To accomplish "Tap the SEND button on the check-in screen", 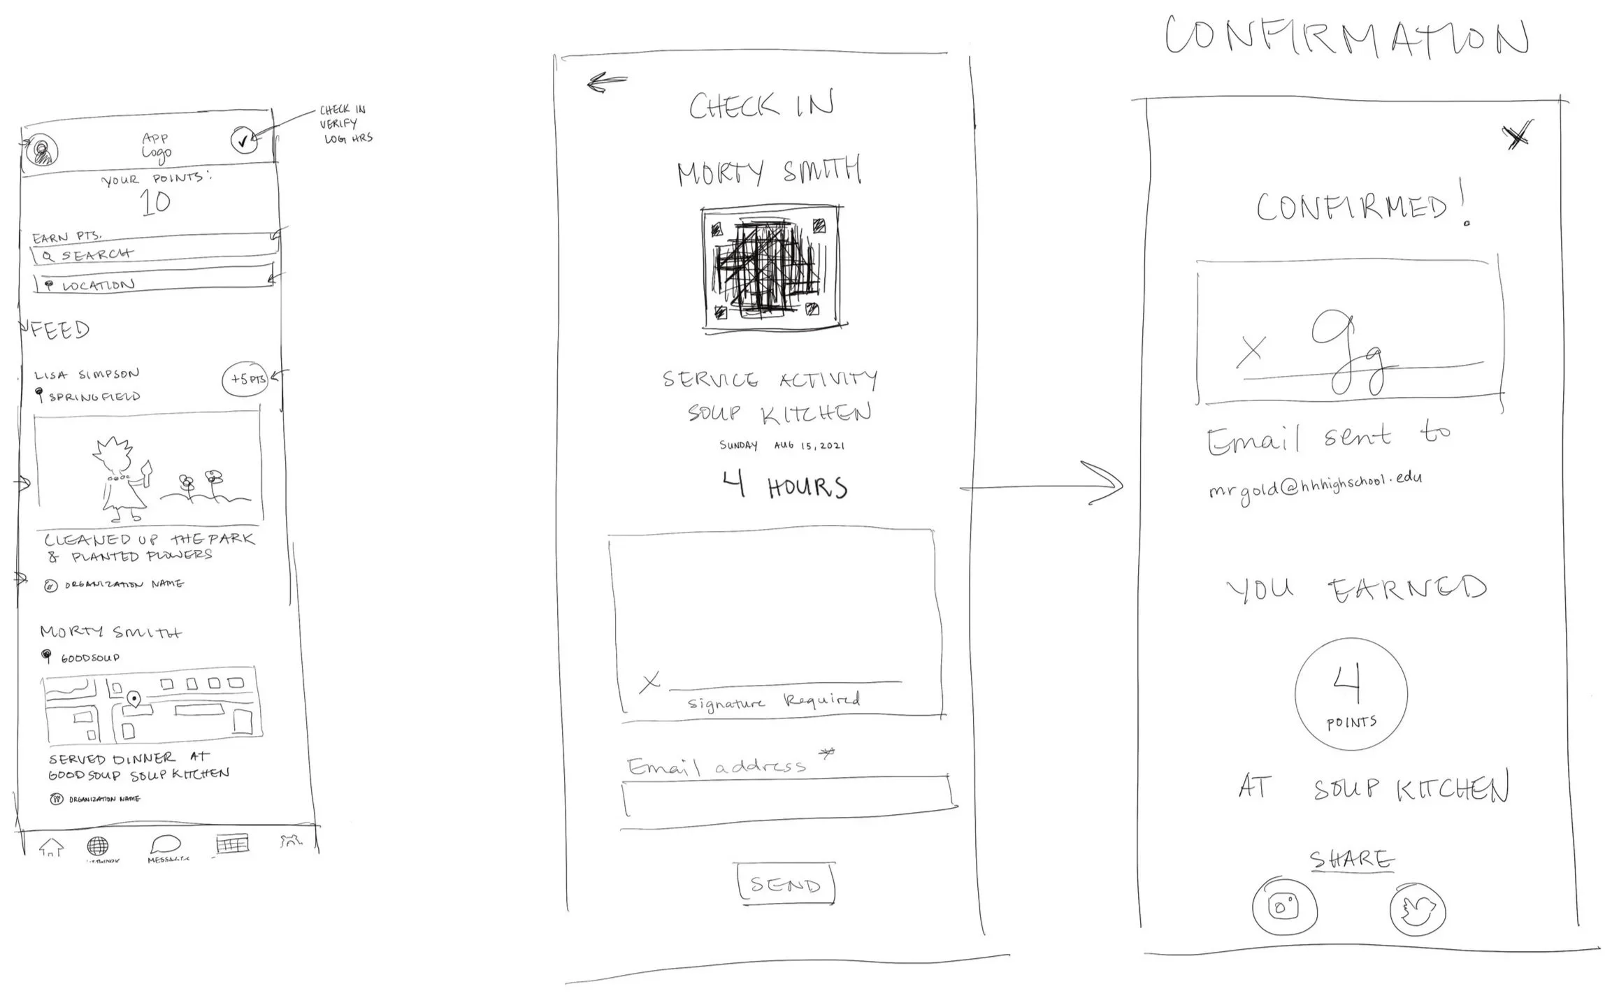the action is [x=786, y=885].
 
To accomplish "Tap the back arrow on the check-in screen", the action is [x=606, y=83].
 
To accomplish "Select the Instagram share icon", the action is [x=1284, y=907].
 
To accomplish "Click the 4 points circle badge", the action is [x=1351, y=694].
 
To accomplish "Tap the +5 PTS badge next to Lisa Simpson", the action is [x=246, y=379].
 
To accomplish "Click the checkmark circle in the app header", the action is [x=243, y=141].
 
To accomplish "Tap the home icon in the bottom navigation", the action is [x=52, y=848].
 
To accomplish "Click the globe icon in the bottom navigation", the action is [x=98, y=846].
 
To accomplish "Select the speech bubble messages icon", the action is [x=166, y=845].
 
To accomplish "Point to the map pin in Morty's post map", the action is [x=134, y=698].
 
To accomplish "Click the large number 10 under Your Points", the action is [x=155, y=203].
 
